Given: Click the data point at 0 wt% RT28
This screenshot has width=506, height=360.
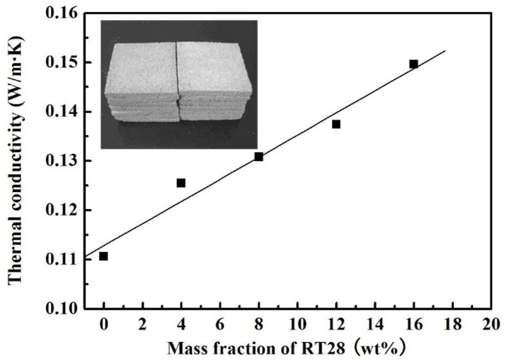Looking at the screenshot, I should pyautogui.click(x=103, y=256).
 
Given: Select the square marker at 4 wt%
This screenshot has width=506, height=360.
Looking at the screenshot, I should pyautogui.click(x=181, y=183).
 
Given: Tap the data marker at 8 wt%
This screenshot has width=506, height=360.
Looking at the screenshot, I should pyautogui.click(x=258, y=157).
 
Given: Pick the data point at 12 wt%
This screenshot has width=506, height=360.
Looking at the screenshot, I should pyautogui.click(x=336, y=124).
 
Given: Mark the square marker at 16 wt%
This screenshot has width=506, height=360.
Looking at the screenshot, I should pyautogui.click(x=414, y=64).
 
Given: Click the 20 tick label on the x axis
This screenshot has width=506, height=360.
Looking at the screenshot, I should pyautogui.click(x=491, y=325).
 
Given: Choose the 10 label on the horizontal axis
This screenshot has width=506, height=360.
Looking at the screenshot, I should pyautogui.click(x=297, y=325).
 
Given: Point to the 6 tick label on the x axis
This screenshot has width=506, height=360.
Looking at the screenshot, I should pyautogui.click(x=220, y=325).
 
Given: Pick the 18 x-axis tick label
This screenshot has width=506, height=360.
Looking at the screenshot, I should pyautogui.click(x=453, y=325).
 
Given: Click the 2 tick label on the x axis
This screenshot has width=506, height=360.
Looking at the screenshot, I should pyautogui.click(x=142, y=325).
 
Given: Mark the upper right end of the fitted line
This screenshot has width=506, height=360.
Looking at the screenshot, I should pyautogui.click(x=445, y=51).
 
